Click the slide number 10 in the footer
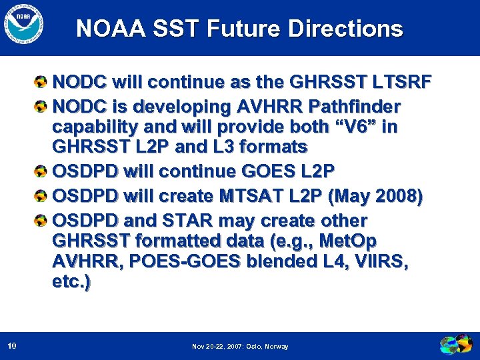12,346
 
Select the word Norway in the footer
276,347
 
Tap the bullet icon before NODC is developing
41,107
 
